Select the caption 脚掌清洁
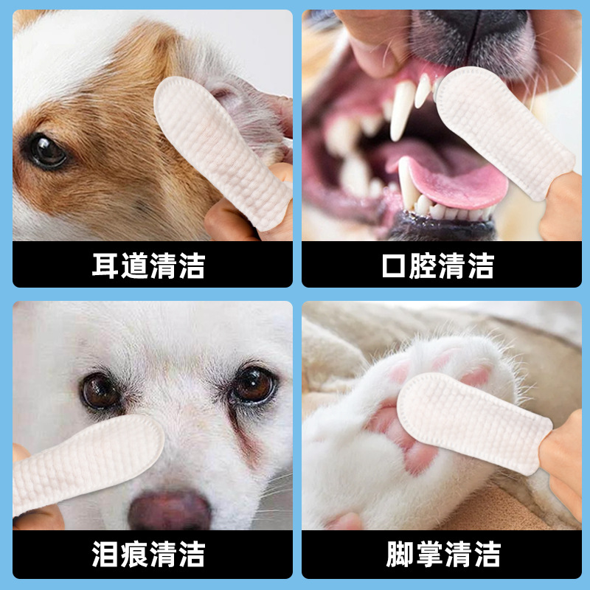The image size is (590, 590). tap(442, 554)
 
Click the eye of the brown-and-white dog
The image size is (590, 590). tap(46, 151)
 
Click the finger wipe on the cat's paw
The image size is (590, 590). tap(472, 420)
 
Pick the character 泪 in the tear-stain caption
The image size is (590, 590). tap(105, 554)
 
